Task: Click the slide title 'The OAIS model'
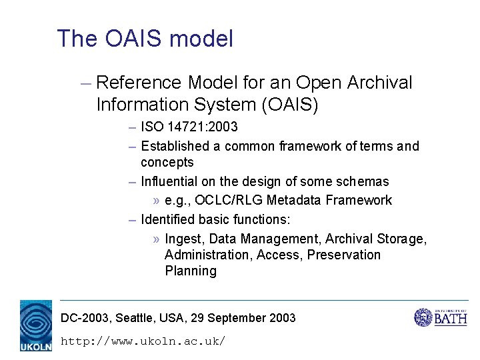[145, 39]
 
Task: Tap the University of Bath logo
[441, 317]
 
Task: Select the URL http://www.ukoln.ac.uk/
[143, 341]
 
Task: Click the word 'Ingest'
[183, 239]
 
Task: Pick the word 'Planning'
[191, 271]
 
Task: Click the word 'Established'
[181, 146]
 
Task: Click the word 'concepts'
[167, 162]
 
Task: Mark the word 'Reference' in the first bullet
[139, 83]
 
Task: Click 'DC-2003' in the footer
[85, 318]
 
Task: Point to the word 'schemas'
[363, 181]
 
